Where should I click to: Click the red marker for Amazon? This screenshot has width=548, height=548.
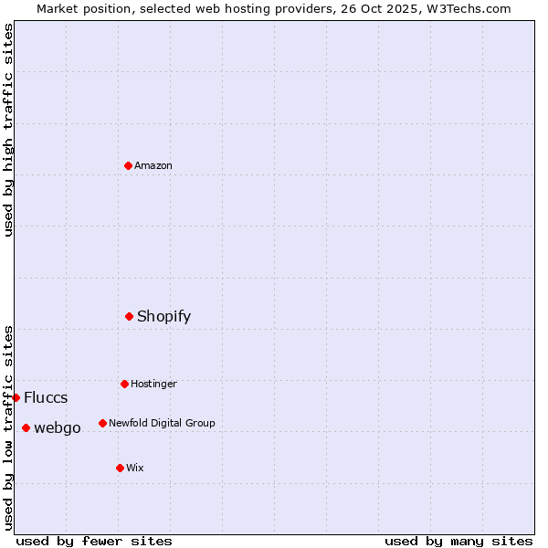pos(128,165)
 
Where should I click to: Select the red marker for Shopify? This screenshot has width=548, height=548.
pos(129,316)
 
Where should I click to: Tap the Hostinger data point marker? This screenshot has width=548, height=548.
pos(124,384)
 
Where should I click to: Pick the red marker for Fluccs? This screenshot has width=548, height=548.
pos(16,397)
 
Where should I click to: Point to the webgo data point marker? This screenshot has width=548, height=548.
pos(26,427)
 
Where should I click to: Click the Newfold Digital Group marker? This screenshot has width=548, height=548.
pos(102,423)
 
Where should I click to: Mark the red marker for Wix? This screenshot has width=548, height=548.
pos(120,468)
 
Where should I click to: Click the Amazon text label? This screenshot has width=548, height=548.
pos(153,165)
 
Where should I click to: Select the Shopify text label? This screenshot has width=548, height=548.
pos(163,316)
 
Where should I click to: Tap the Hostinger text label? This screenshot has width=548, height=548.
pos(153,384)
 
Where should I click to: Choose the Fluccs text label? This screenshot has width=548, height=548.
pos(46,397)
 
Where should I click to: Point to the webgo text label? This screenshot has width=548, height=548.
pos(58,427)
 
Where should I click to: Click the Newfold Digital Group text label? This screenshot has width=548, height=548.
pos(162,423)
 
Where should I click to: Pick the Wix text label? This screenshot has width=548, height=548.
pos(135,468)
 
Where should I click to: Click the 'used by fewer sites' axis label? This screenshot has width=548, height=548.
pos(94,541)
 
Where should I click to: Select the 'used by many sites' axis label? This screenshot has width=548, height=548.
pos(458,541)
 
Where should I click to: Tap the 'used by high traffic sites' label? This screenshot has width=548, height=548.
pos(8,130)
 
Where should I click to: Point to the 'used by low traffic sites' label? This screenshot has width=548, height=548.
pos(8,427)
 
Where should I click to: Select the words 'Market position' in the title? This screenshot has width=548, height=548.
pos(79,8)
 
